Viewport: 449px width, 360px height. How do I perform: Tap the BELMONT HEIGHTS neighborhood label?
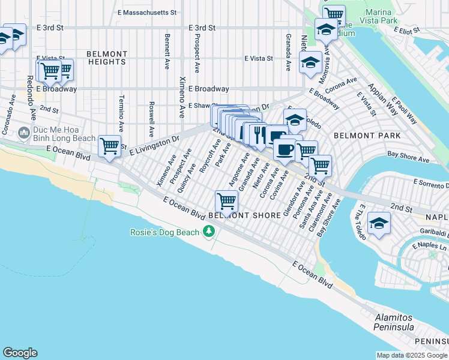[x=106, y=58]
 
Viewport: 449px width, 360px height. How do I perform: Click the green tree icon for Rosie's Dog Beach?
[x=209, y=231]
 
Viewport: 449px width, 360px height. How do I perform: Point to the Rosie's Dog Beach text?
[x=166, y=232]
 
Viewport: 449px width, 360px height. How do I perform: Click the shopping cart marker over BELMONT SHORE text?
[x=226, y=200]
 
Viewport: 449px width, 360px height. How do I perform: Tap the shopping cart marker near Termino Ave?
[x=109, y=145]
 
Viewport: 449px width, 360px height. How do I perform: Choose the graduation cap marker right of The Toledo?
[x=379, y=224]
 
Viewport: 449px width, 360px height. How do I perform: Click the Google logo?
[x=20, y=353]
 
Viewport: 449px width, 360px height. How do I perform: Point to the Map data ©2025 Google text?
[x=411, y=355]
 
